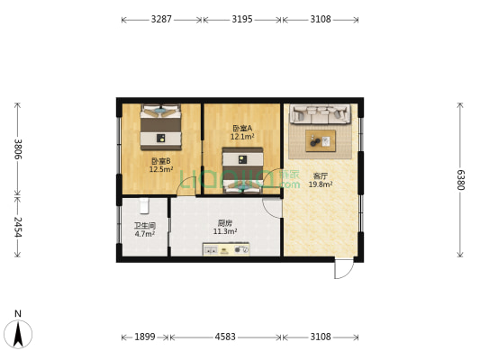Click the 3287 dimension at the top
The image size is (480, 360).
tap(162, 19)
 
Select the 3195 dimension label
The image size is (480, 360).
tap(241, 19)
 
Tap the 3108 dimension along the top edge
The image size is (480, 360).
tap(320, 19)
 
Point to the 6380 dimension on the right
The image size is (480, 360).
tap(460, 180)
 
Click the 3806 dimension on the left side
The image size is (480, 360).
tap(16, 148)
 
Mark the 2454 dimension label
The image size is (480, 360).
tap(16, 226)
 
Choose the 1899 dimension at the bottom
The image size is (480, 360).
tap(144, 337)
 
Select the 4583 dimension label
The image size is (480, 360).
tap(225, 337)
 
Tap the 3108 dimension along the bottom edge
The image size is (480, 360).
tap(320, 337)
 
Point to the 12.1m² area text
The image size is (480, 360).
tap(242, 137)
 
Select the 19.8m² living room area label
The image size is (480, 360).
tap(321, 184)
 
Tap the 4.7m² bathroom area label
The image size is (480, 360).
tap(144, 234)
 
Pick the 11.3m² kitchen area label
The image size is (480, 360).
tap(225, 231)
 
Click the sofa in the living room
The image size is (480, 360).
tap(320, 115)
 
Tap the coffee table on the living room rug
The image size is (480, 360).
tap(319, 139)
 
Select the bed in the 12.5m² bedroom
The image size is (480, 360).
tap(161, 128)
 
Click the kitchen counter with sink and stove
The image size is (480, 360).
tap(225, 250)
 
